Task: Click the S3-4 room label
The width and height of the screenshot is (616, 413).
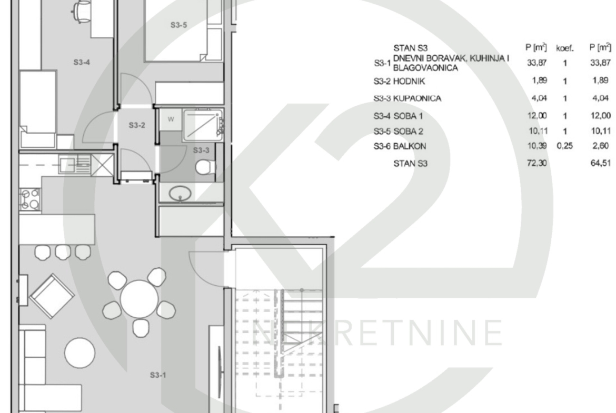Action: coord(82,62)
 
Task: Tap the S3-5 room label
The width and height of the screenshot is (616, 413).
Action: coord(178,25)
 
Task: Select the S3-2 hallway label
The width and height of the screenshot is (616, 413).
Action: coord(137,125)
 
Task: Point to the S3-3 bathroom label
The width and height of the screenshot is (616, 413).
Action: coord(201,150)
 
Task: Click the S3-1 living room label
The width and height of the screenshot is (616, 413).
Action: coord(158,375)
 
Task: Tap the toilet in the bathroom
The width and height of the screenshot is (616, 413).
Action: coord(205,167)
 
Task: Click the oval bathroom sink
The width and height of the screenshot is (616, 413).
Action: coord(180,194)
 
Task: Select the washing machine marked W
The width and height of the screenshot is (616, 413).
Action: coord(171,119)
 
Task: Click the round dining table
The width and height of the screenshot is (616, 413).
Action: coord(139,299)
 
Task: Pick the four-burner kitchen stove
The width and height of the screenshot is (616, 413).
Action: coord(30,199)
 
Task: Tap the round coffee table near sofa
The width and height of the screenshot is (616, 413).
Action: coord(80,353)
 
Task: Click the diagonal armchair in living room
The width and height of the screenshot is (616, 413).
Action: coord(52,296)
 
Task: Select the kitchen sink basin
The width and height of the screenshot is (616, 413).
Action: coord(67,165)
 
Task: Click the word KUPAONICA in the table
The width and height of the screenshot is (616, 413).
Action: coord(417,98)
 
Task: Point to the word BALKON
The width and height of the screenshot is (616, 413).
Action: coord(410,146)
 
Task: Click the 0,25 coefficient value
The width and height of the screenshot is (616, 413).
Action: coord(564,146)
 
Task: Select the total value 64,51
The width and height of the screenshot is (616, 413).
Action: coord(601,163)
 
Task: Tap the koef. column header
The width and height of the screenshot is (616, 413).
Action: coord(565,48)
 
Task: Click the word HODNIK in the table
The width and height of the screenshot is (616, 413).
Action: coord(409,81)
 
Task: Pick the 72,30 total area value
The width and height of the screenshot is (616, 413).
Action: coord(536,163)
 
